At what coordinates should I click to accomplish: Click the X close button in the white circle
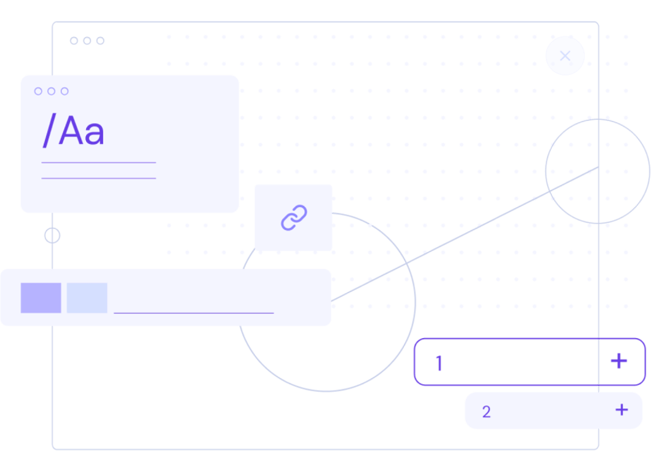pyautogui.click(x=565, y=56)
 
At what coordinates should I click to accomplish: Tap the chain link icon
pyautogui.click(x=294, y=218)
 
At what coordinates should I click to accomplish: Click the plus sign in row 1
pyautogui.click(x=618, y=361)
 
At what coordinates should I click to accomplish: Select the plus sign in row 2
pyautogui.click(x=621, y=409)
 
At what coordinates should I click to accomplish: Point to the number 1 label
pyautogui.click(x=438, y=363)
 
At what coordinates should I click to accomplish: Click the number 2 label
pyautogui.click(x=486, y=412)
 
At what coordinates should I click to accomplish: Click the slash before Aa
pyautogui.click(x=49, y=131)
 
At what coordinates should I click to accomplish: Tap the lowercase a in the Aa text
pyautogui.click(x=93, y=134)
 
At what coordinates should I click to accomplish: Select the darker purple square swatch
pyautogui.click(x=41, y=298)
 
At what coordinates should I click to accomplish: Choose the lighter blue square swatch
pyautogui.click(x=87, y=298)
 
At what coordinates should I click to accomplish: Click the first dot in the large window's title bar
pyautogui.click(x=74, y=41)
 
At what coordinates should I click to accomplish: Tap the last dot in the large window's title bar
pyautogui.click(x=100, y=41)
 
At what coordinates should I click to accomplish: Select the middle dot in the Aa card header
pyautogui.click(x=51, y=91)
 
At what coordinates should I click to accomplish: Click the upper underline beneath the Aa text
pyautogui.click(x=98, y=163)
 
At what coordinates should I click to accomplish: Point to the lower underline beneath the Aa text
pyautogui.click(x=98, y=178)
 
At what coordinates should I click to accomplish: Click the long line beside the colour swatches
pyautogui.click(x=194, y=313)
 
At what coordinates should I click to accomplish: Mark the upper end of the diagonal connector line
pyautogui.click(x=597, y=167)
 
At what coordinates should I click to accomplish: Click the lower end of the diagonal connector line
pyautogui.click(x=333, y=301)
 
